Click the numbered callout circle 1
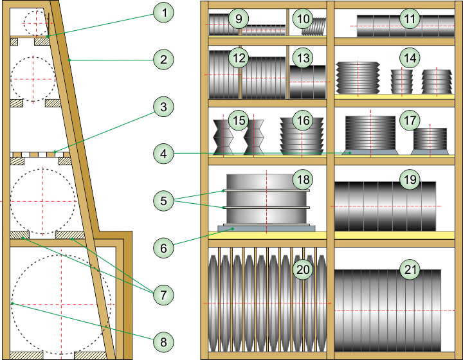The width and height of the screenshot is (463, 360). (163, 12)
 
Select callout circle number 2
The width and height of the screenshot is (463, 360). (163, 60)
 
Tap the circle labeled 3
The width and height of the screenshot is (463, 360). (163, 107)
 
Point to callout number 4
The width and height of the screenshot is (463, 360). (163, 154)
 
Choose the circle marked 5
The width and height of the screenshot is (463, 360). (163, 201)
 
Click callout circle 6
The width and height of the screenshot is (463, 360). (163, 248)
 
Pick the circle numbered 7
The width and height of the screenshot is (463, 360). (163, 295)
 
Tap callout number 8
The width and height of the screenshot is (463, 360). (163, 342)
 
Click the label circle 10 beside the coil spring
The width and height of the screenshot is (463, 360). (303, 19)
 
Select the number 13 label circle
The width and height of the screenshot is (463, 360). (303, 58)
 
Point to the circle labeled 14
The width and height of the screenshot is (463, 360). (410, 58)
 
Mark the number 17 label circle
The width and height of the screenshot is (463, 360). (410, 120)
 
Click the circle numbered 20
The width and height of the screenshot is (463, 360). (303, 269)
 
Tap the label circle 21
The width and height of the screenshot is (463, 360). (410, 269)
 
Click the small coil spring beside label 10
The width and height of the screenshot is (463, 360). (314, 26)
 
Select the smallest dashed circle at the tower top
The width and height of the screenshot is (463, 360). (36, 22)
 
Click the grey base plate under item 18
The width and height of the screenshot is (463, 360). (266, 228)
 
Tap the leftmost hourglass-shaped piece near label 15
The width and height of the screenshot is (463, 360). (223, 137)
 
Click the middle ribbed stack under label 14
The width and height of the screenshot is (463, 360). (401, 82)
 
